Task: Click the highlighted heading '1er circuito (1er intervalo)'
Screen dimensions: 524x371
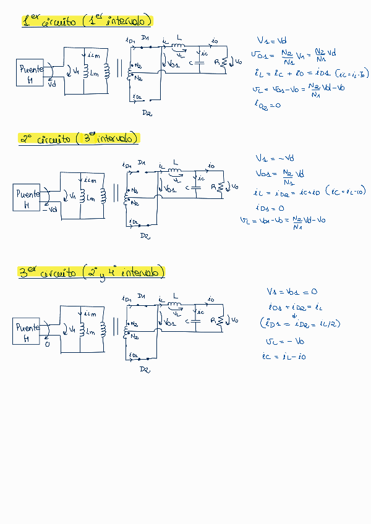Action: pyautogui.click(x=87, y=22)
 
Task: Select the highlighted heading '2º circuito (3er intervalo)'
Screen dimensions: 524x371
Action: pyautogui.click(x=80, y=139)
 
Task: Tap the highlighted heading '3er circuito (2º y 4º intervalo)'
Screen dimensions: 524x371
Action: pyautogui.click(x=92, y=272)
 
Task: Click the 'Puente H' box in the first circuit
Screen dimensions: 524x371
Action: pyautogui.click(x=30, y=74)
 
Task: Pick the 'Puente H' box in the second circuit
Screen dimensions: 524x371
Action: pyautogui.click(x=27, y=198)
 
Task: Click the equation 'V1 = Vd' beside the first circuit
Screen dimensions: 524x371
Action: pyautogui.click(x=270, y=41)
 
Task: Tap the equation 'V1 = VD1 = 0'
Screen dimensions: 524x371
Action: pyautogui.click(x=292, y=291)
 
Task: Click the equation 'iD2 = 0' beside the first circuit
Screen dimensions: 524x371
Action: pyautogui.click(x=267, y=105)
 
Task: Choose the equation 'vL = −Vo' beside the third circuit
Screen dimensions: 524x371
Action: pyautogui.click(x=284, y=341)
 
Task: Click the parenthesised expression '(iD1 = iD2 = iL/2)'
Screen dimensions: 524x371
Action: pyautogui.click(x=301, y=323)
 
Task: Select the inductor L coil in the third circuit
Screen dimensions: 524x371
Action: pyautogui.click(x=176, y=305)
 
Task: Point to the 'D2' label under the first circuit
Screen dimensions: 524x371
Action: pyautogui.click(x=147, y=113)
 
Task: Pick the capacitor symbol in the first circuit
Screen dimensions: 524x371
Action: pyautogui.click(x=200, y=61)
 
